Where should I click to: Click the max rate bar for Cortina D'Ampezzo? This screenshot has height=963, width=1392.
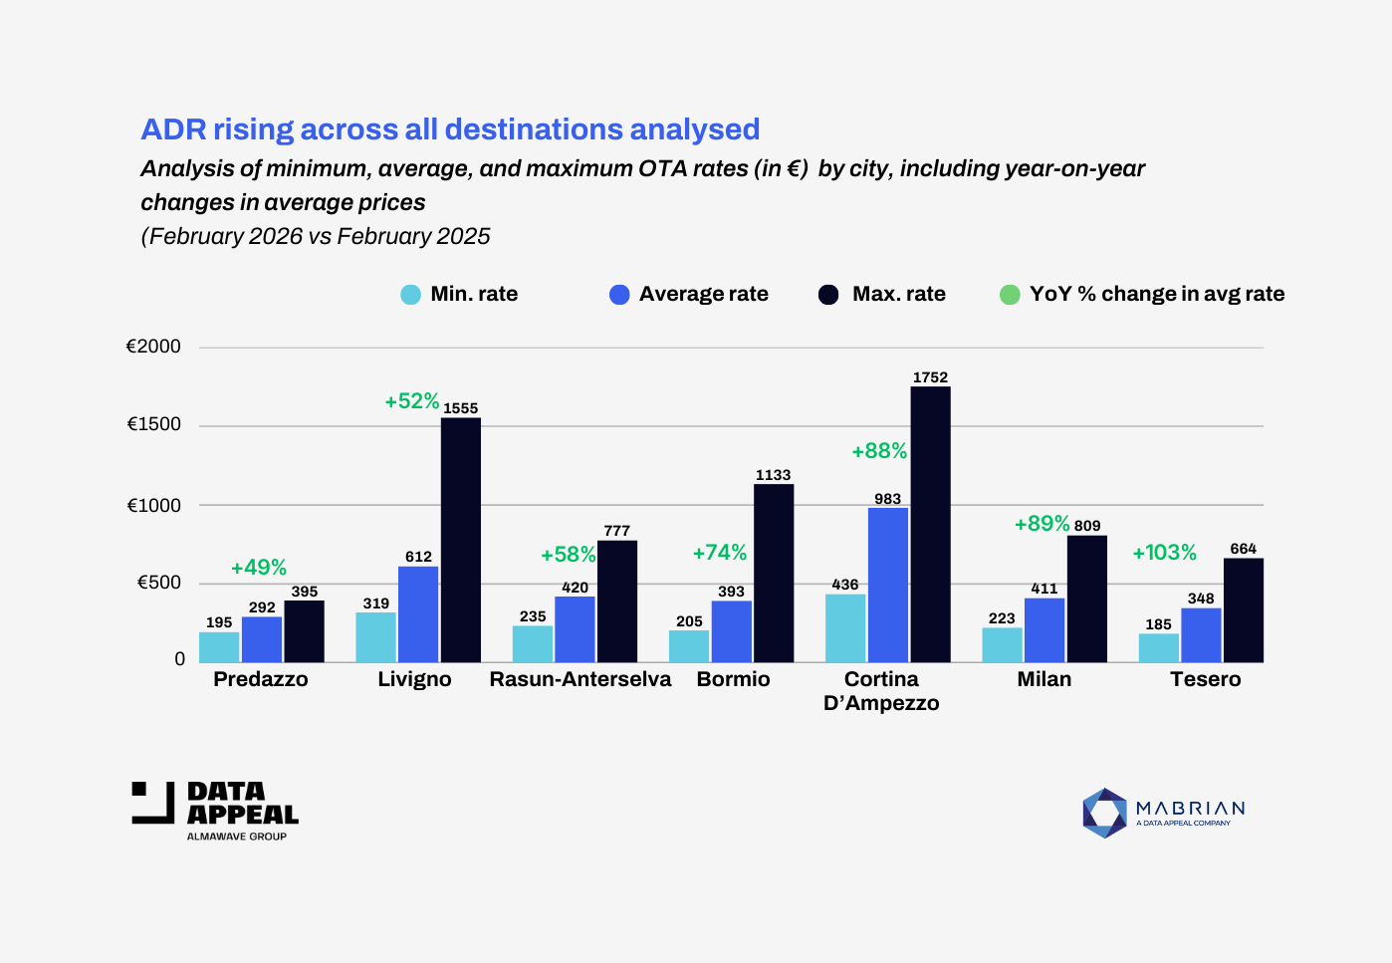[x=930, y=524]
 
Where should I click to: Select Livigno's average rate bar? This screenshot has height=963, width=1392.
[x=418, y=613]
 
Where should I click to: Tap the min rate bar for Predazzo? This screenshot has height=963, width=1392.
[x=219, y=646]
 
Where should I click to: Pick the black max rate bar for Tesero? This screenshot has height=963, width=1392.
[x=1243, y=609]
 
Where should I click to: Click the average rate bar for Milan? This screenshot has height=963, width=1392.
[x=1044, y=629]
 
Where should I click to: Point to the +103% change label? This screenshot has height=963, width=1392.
[x=1164, y=553]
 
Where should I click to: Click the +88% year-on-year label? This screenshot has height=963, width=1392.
[x=879, y=451]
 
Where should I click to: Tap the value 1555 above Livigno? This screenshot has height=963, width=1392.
[x=460, y=408]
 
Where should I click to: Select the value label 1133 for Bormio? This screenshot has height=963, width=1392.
[x=773, y=475]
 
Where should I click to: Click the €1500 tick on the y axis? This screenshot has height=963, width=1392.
[x=154, y=424]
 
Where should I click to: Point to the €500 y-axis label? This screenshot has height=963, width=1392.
[x=159, y=583]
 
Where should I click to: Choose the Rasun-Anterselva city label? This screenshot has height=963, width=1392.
[x=580, y=679]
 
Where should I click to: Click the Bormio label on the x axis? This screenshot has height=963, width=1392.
[x=734, y=679]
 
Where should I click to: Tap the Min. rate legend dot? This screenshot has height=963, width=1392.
[x=410, y=295]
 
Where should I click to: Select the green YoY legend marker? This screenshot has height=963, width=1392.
[x=1010, y=295]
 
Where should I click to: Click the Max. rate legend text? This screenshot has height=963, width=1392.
[x=898, y=294]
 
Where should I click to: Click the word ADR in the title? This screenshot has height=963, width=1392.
[x=173, y=129]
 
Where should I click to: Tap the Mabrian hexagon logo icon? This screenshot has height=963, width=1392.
[x=1104, y=813]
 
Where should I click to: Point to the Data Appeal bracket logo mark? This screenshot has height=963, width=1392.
[x=153, y=803]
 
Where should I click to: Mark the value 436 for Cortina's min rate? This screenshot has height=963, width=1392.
[x=845, y=585]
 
